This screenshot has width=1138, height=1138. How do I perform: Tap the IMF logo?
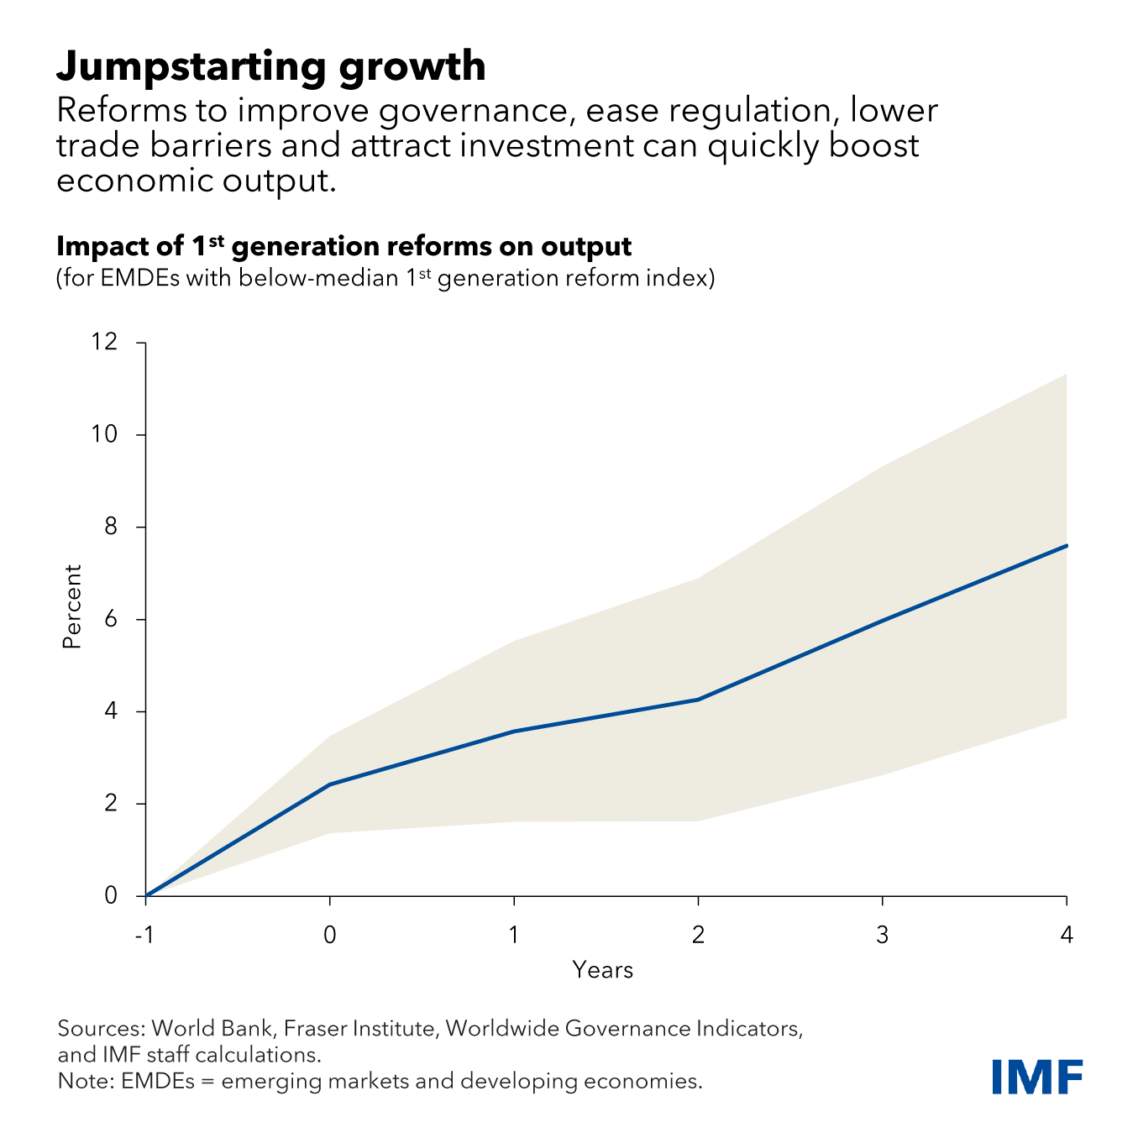pyautogui.click(x=1036, y=1077)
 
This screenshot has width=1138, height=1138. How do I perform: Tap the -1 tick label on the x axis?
pyautogui.click(x=145, y=935)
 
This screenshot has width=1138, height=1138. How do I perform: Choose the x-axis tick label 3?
pyautogui.click(x=882, y=935)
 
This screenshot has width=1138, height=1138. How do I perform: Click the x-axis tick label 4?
pyautogui.click(x=1067, y=935)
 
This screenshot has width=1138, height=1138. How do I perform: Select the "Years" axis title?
pyautogui.click(x=602, y=971)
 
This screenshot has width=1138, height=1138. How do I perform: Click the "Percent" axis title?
pyautogui.click(x=72, y=606)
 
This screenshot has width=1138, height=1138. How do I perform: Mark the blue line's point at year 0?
pyautogui.click(x=330, y=784)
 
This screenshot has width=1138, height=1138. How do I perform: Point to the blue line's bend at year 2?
pyautogui.click(x=698, y=700)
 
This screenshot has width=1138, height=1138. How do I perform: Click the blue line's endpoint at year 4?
pyautogui.click(x=1066, y=546)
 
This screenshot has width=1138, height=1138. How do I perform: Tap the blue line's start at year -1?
pyautogui.click(x=146, y=896)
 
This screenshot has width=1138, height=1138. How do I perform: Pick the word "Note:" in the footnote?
pyautogui.click(x=86, y=1081)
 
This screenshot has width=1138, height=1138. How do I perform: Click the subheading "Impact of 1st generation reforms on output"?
pyautogui.click(x=343, y=247)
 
